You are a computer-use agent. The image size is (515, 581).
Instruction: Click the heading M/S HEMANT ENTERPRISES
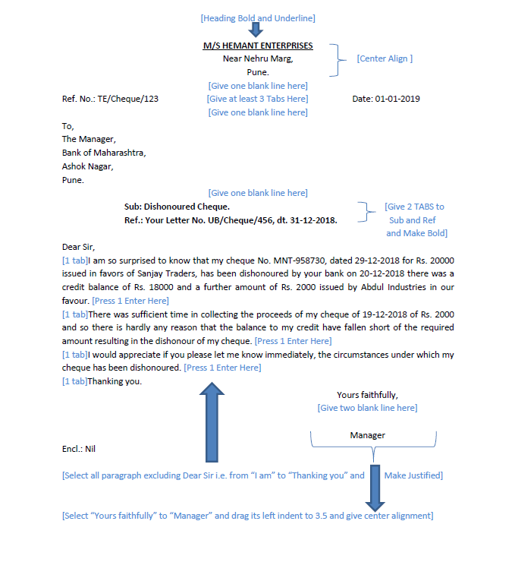pyautogui.click(x=257, y=46)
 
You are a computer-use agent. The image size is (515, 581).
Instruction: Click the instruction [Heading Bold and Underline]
pyautogui.click(x=257, y=17)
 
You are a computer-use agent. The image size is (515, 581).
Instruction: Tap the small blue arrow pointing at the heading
pyautogui.click(x=256, y=30)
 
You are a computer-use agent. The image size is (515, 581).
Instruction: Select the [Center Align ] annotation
pyautogui.click(x=385, y=58)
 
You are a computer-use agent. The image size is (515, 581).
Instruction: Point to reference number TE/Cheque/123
pyautogui.click(x=127, y=99)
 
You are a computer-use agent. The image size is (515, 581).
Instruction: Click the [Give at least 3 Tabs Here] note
pyautogui.click(x=257, y=99)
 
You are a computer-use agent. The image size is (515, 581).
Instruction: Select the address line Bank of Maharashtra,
pyautogui.click(x=104, y=153)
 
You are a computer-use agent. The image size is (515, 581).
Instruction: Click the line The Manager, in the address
pyautogui.click(x=89, y=139)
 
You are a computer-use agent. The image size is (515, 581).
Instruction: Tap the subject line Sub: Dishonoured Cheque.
pyautogui.click(x=177, y=207)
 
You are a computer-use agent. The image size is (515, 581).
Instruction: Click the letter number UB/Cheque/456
pyautogui.click(x=271, y=220)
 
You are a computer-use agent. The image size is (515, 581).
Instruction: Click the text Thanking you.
pyautogui.click(x=115, y=381)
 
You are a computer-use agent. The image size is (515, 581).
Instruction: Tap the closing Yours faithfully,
pyautogui.click(x=367, y=395)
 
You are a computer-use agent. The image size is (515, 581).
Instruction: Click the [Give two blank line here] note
pyautogui.click(x=367, y=408)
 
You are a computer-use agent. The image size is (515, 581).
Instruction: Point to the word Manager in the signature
pyautogui.click(x=367, y=435)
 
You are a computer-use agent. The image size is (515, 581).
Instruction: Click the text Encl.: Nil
pyautogui.click(x=79, y=449)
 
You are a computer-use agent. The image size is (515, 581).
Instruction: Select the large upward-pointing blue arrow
pyautogui.click(x=212, y=422)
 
